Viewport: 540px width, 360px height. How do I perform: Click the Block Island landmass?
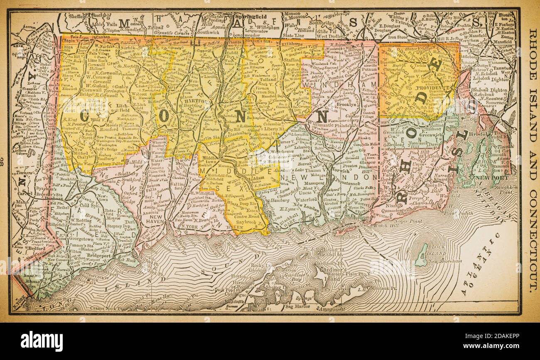point(422,254)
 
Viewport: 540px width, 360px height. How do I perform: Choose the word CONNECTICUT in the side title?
point(532,233)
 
